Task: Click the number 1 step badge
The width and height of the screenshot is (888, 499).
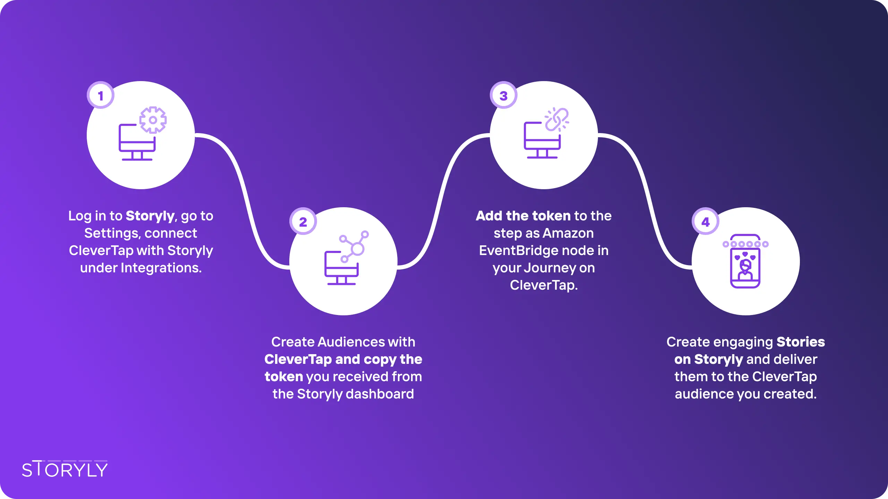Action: click(101, 95)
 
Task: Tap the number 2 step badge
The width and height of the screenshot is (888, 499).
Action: click(303, 221)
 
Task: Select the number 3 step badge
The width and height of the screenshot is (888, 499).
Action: click(504, 95)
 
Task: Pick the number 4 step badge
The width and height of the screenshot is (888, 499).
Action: click(706, 221)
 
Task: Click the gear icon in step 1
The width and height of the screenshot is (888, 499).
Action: click(153, 120)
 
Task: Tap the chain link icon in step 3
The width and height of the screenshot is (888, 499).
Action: click(557, 120)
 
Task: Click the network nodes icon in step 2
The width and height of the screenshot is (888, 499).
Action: click(354, 246)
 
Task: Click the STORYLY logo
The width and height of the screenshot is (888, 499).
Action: click(65, 469)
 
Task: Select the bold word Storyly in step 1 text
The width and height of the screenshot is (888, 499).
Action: click(150, 216)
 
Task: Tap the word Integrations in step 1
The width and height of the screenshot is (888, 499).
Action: click(161, 268)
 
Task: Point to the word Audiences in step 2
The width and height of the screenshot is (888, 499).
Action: click(351, 342)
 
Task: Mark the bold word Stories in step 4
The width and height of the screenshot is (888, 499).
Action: click(801, 342)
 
